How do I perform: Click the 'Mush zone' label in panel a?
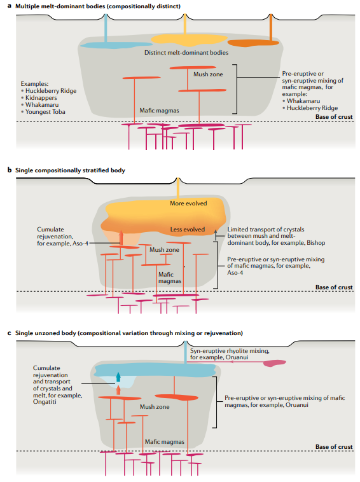tap(208, 74)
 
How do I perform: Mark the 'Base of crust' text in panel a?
tap(334, 117)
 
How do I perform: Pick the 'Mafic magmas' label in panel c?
tap(164, 441)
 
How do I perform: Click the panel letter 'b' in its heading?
tap(9, 170)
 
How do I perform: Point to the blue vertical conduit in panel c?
tap(186, 353)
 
